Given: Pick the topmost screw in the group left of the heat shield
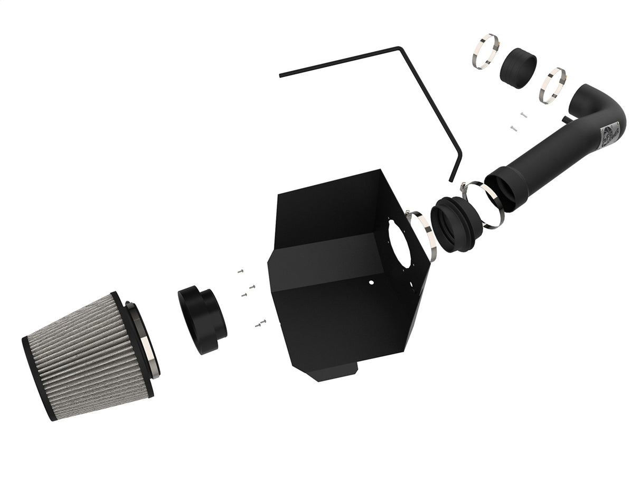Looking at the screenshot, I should [x=240, y=270].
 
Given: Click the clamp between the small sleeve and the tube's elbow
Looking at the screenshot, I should [x=552, y=85].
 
